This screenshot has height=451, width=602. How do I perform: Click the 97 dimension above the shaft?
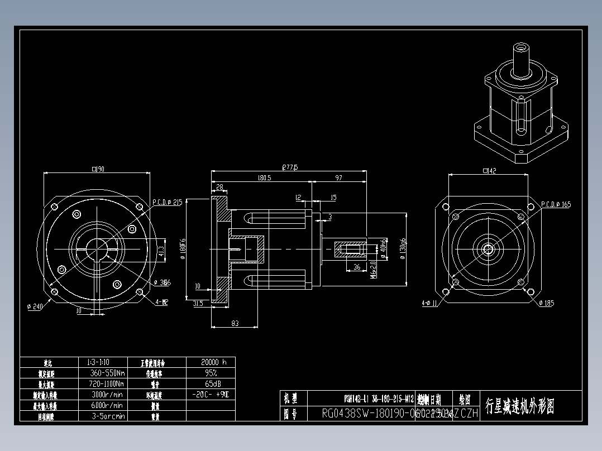(339, 178)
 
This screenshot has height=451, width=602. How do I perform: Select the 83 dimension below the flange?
(235, 323)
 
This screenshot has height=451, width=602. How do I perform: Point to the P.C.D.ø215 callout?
(167, 203)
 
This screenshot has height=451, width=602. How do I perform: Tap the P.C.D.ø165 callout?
(556, 205)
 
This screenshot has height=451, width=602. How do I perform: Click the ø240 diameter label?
(35, 306)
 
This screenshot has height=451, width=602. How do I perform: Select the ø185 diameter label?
(547, 303)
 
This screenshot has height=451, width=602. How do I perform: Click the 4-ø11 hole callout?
(429, 303)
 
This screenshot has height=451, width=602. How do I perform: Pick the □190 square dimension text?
(98, 169)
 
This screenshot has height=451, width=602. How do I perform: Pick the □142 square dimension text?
(489, 171)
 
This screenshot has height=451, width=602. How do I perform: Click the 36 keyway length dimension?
(357, 267)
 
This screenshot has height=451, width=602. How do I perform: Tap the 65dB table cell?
(211, 383)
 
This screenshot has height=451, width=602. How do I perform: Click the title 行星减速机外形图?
(520, 406)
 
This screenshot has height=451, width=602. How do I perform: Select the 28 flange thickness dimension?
(219, 187)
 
